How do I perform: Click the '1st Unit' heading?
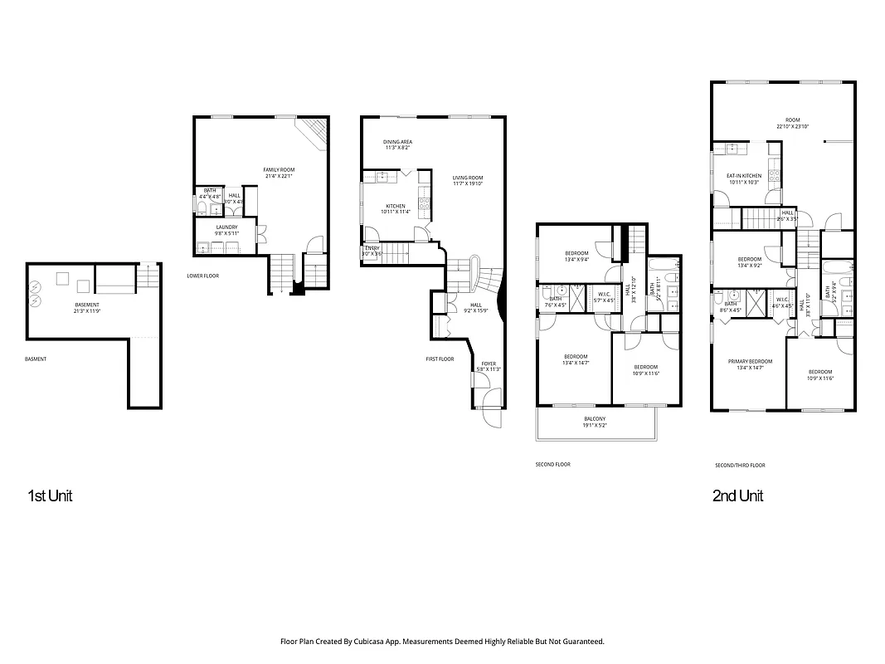tap(51, 496)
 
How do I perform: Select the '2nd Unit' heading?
tap(737, 496)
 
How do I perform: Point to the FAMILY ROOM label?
tap(279, 170)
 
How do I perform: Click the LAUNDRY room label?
tap(226, 227)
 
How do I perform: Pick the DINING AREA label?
tap(397, 142)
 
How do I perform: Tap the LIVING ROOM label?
tap(468, 178)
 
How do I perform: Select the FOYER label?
tap(489, 364)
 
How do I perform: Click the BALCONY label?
tap(594, 418)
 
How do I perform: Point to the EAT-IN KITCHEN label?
tap(744, 176)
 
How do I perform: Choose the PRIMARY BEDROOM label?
tap(750, 362)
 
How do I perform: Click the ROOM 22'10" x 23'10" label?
tap(792, 120)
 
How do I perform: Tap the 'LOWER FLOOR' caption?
tap(202, 276)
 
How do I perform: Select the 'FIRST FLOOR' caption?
tap(440, 359)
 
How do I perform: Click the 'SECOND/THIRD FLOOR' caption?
tap(740, 466)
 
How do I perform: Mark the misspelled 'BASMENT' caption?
tap(36, 359)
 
